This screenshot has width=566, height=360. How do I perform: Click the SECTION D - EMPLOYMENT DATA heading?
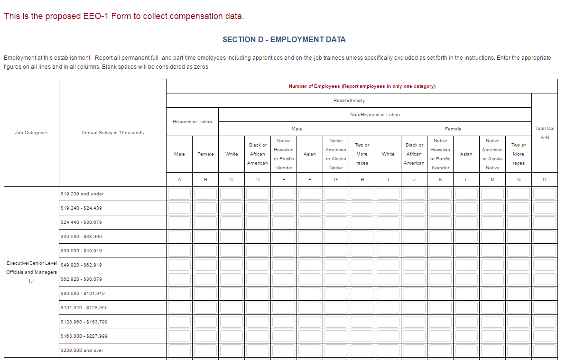[284, 40]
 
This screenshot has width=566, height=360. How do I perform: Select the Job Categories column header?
[32, 133]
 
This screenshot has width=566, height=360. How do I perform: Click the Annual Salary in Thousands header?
[112, 133]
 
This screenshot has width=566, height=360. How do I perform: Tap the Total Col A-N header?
[544, 133]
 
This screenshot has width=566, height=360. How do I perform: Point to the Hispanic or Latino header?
[192, 122]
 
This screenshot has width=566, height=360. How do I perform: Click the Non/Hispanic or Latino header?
[375, 115]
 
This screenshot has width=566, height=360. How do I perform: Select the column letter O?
[544, 180]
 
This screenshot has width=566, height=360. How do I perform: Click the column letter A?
[179, 180]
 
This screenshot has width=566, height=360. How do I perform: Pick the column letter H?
[362, 180]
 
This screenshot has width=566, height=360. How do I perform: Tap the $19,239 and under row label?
[82, 194]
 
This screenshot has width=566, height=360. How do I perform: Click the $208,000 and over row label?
[82, 351]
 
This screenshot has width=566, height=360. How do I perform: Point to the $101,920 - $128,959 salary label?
[84, 308]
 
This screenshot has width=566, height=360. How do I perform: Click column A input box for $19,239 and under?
[179, 194]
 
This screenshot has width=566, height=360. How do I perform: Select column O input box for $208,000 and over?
[544, 351]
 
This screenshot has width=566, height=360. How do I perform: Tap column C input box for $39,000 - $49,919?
[232, 251]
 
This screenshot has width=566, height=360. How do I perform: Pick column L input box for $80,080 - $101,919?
[466, 294]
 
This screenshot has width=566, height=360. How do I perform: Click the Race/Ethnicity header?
[349, 101]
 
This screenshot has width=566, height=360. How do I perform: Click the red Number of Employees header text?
[362, 86]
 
